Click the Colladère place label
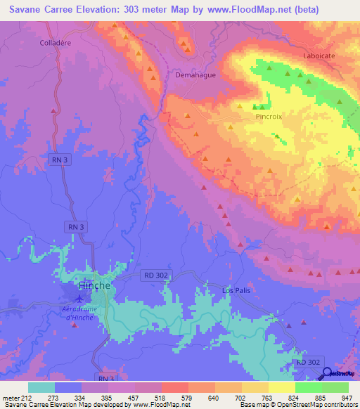click(x=56, y=42)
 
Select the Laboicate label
click(x=319, y=55)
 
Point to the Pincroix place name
click(x=269, y=117)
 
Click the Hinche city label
click(x=94, y=285)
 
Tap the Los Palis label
click(x=236, y=290)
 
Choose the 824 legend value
click(x=295, y=398)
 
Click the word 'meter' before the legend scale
click(x=11, y=398)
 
